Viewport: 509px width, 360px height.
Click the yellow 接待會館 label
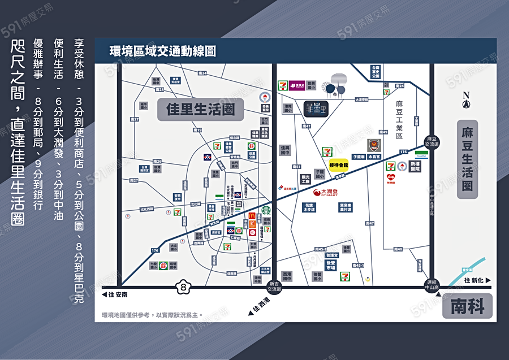pyautogui.click(x=339, y=165)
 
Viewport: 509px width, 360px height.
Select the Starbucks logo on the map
pyautogui.click(x=266, y=210)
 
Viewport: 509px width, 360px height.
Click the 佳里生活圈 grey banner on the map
pyautogui.click(x=200, y=109)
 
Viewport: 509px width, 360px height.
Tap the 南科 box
pyautogui.click(x=467, y=307)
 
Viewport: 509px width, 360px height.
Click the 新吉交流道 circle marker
pyautogui.click(x=274, y=287)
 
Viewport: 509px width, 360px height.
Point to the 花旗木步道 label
pyautogui.click(x=309, y=207)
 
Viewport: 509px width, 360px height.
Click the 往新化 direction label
pyautogui.click(x=477, y=280)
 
